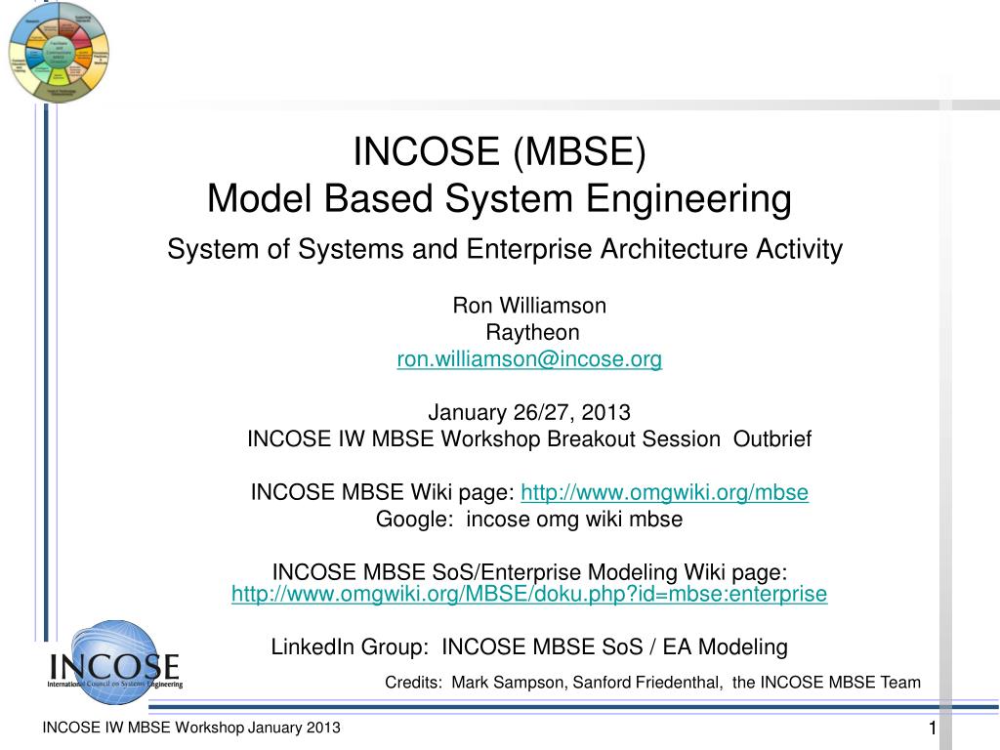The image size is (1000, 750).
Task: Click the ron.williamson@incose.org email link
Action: click(529, 359)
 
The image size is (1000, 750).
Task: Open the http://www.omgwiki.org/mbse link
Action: click(665, 492)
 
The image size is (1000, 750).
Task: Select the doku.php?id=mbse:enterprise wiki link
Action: click(528, 594)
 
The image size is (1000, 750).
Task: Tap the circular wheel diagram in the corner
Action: click(59, 52)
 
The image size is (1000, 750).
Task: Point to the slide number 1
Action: click(932, 729)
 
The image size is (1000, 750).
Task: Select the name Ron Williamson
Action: click(529, 306)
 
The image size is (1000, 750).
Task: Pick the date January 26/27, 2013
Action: click(529, 411)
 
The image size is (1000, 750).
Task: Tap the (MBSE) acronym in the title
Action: click(576, 151)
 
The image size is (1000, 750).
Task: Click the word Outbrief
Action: click(771, 438)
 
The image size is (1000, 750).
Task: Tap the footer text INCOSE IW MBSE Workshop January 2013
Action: click(190, 729)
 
